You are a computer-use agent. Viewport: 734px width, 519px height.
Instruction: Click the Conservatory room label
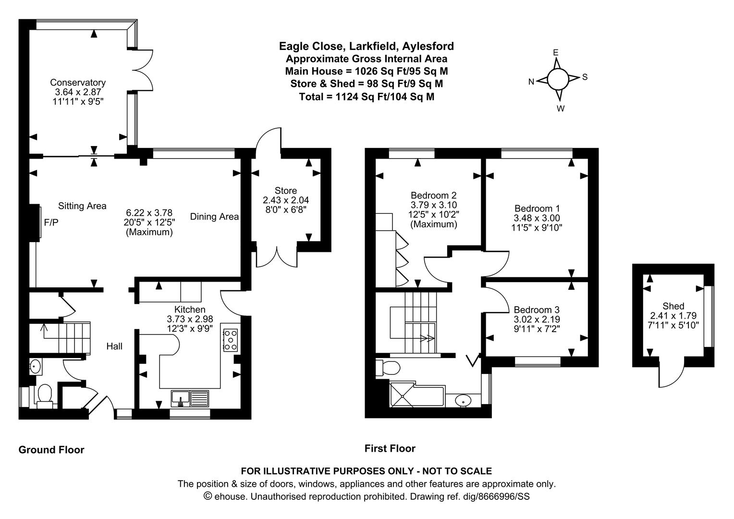coord(78,83)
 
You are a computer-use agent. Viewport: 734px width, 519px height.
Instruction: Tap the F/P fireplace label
coord(51,222)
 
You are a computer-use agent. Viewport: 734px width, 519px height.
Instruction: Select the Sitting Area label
coord(82,206)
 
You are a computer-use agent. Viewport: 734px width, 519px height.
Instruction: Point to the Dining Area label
coord(214,217)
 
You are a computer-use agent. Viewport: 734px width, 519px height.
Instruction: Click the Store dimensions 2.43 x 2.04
coord(286,200)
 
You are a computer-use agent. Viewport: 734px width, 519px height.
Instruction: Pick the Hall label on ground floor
coord(114,346)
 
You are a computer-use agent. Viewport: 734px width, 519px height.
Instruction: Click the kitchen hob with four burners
coord(231,339)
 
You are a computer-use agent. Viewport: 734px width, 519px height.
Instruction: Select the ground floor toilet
coord(45,394)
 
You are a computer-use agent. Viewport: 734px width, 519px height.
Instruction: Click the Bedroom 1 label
coord(537,209)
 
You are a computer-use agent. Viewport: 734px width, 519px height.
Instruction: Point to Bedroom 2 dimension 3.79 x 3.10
coord(433,205)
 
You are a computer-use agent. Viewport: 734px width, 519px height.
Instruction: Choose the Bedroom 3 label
coord(537,310)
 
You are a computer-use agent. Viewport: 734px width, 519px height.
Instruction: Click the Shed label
coord(673,306)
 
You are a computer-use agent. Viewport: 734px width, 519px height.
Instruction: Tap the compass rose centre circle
coord(557,79)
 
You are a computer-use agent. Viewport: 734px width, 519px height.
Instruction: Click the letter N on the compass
coord(531,82)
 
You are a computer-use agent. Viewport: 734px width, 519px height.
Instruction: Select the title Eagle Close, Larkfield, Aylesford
coord(367,46)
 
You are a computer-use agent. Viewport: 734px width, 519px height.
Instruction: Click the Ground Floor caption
coord(51,450)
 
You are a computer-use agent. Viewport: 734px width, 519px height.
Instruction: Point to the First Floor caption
coord(390,448)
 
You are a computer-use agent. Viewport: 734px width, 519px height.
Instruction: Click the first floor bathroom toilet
coord(389,369)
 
